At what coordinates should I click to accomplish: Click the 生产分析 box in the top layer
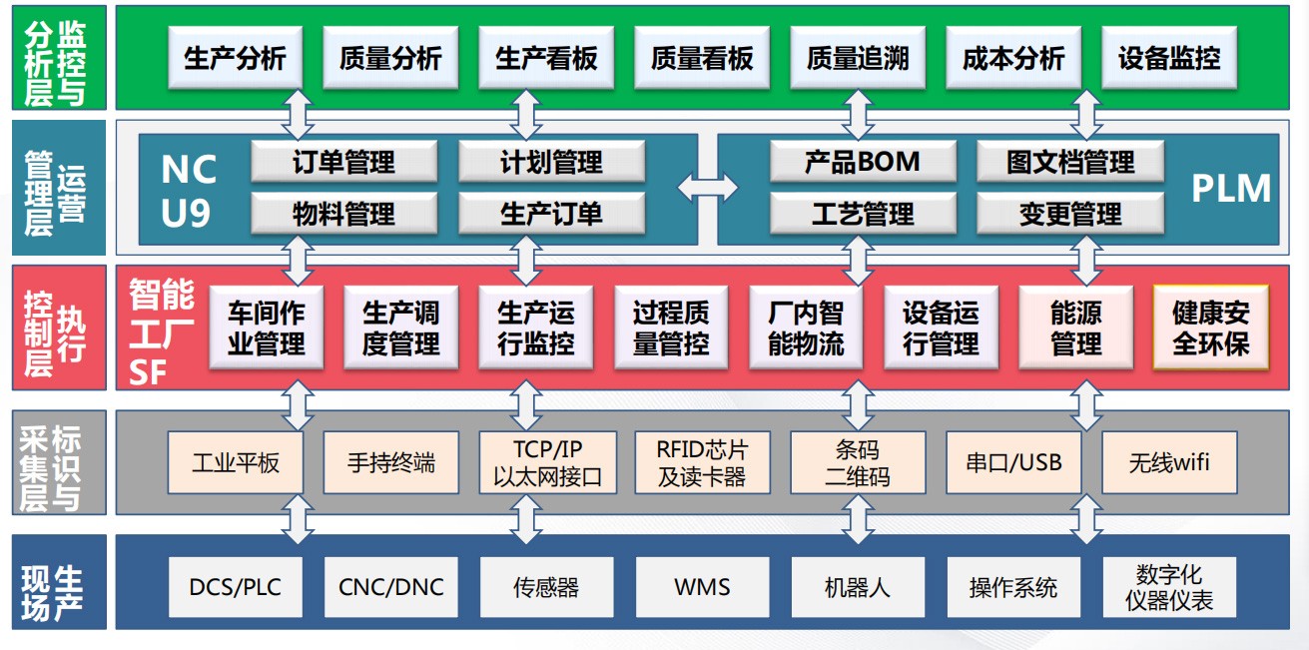click(x=235, y=58)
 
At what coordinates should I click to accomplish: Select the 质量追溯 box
click(x=858, y=58)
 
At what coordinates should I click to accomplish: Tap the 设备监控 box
click(x=1168, y=58)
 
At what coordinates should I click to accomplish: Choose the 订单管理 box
click(x=343, y=162)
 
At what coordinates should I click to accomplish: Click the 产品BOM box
click(x=863, y=162)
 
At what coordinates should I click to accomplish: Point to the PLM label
click(x=1231, y=189)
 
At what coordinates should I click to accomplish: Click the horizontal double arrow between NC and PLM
click(x=708, y=187)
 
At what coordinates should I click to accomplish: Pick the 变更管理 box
click(x=1070, y=214)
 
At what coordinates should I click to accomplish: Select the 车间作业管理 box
click(x=266, y=327)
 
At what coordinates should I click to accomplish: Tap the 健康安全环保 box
click(x=1210, y=327)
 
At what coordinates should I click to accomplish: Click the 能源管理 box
click(x=1075, y=327)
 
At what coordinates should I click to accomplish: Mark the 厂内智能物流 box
click(x=806, y=327)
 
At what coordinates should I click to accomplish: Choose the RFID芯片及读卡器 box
click(x=702, y=462)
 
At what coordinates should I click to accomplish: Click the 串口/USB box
click(x=1013, y=462)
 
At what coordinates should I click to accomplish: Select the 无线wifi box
click(x=1169, y=462)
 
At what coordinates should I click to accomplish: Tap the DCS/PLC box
click(x=236, y=587)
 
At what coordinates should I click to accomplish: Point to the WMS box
click(x=702, y=587)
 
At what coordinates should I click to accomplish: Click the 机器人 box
click(x=858, y=587)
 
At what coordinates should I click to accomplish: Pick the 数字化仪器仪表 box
click(x=1169, y=587)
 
